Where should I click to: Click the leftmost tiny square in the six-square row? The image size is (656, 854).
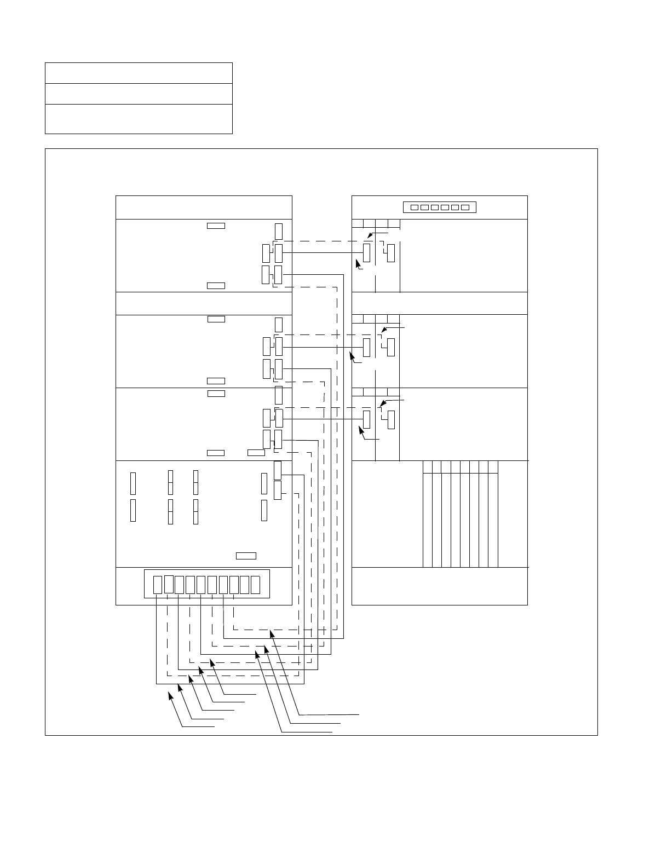415,207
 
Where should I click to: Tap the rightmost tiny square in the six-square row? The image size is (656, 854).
465,207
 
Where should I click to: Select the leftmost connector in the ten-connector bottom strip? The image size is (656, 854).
158,585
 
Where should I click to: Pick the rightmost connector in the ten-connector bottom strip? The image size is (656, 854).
255,585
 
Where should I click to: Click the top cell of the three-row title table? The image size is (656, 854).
139,73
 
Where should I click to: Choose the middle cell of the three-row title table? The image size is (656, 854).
139,94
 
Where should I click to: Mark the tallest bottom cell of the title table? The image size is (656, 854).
139,119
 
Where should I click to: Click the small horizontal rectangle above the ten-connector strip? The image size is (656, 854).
246,556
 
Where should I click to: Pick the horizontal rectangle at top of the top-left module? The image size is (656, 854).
216,226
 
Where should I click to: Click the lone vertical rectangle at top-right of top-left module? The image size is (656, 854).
279,231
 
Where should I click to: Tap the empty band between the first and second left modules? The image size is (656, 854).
204,303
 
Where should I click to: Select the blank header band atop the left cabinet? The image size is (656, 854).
204,207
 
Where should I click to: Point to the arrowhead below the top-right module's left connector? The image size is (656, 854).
358,263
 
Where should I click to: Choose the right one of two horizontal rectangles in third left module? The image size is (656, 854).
256,453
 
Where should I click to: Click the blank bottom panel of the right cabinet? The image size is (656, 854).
439,586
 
